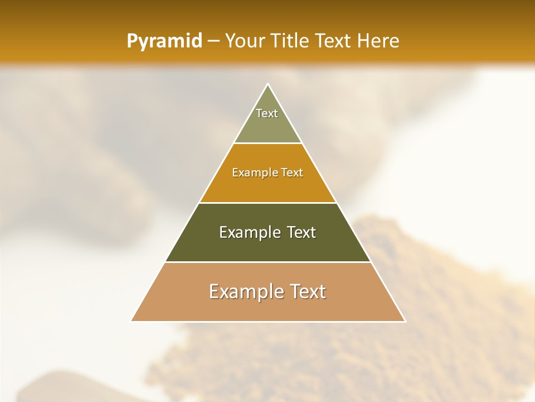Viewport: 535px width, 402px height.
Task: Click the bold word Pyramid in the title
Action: coord(164,41)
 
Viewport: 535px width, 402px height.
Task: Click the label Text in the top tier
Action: coord(267,113)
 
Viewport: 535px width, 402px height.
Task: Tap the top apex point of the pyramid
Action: coord(267,84)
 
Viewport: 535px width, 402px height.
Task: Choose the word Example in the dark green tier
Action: coord(250,232)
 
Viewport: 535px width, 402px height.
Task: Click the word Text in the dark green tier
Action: coord(301,232)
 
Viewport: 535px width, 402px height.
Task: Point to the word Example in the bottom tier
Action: coord(246,291)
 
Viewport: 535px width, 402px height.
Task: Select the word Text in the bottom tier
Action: coord(308,291)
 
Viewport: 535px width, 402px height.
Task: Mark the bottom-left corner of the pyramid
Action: coord(131,321)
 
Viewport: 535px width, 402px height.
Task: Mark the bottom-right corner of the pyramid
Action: coord(405,321)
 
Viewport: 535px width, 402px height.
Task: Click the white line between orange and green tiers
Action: coord(267,203)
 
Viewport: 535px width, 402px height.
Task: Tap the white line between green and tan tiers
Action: coord(267,262)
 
